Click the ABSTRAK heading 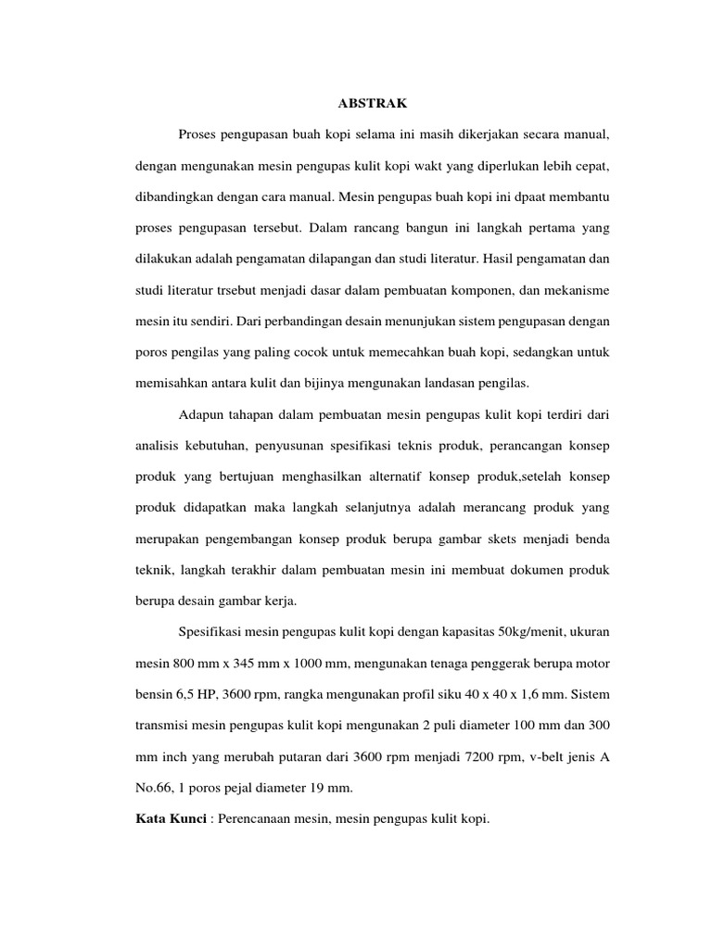[x=355, y=104]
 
